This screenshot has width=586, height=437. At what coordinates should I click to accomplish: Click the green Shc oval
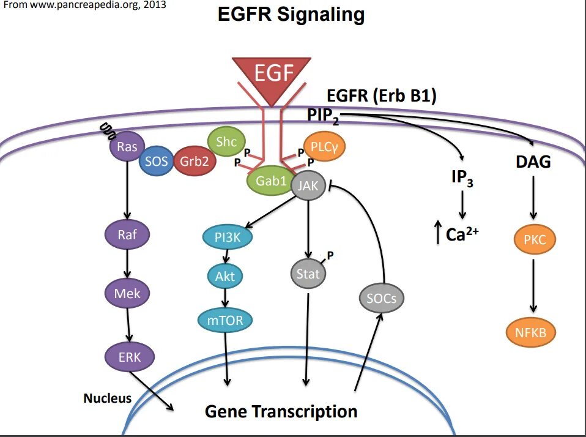click(x=226, y=142)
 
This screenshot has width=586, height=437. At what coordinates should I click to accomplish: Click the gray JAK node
click(x=308, y=185)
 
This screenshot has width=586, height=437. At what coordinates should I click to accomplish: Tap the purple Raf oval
click(x=127, y=234)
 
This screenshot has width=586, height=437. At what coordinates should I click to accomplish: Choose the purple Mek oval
click(x=127, y=293)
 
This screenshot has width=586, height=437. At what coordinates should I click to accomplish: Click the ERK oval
click(x=129, y=357)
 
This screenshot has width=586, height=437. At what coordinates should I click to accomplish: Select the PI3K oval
click(x=227, y=238)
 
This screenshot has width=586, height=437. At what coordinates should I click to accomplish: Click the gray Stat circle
click(x=308, y=274)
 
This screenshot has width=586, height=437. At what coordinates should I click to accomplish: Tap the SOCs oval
click(x=382, y=299)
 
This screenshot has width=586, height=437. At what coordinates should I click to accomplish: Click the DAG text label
click(x=533, y=162)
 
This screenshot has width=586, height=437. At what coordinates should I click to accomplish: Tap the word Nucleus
click(x=107, y=398)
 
